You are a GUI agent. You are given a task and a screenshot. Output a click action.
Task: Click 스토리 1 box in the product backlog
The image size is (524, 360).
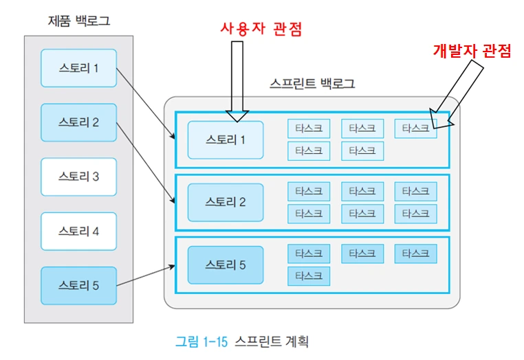[x=78, y=68]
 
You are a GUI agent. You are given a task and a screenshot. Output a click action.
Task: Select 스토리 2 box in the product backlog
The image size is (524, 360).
[x=78, y=122]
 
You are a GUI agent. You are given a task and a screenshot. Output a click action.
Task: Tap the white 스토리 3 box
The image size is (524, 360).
[x=78, y=177]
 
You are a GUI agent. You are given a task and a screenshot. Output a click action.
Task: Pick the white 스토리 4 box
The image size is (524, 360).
[x=78, y=231]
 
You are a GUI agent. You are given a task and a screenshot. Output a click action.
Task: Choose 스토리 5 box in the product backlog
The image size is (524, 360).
[x=78, y=285]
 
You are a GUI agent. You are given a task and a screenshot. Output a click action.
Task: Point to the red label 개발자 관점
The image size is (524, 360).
[x=472, y=51]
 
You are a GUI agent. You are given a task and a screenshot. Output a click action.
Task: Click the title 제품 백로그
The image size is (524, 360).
[x=78, y=21]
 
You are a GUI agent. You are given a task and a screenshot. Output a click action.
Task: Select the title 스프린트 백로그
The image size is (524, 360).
[x=312, y=85]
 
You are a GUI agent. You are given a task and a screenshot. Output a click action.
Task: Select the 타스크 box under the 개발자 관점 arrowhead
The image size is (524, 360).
[x=415, y=128]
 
